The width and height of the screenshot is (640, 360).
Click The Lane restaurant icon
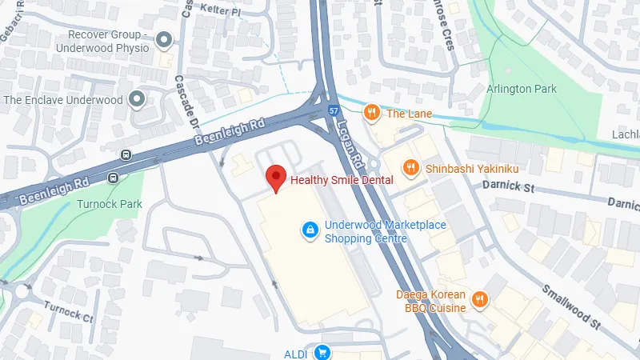coord(370,114)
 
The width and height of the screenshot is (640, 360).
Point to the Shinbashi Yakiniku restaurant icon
coord(410,167)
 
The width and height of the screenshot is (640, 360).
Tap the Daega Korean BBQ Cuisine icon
coord(479,299)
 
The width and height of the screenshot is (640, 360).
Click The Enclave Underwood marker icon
coord(137,100)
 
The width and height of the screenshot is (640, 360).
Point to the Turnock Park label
coord(110,204)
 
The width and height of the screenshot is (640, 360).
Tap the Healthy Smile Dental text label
coord(342,180)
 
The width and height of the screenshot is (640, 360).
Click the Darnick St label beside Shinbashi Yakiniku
coord(507,186)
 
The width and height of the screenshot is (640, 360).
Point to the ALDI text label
coord(296,353)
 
